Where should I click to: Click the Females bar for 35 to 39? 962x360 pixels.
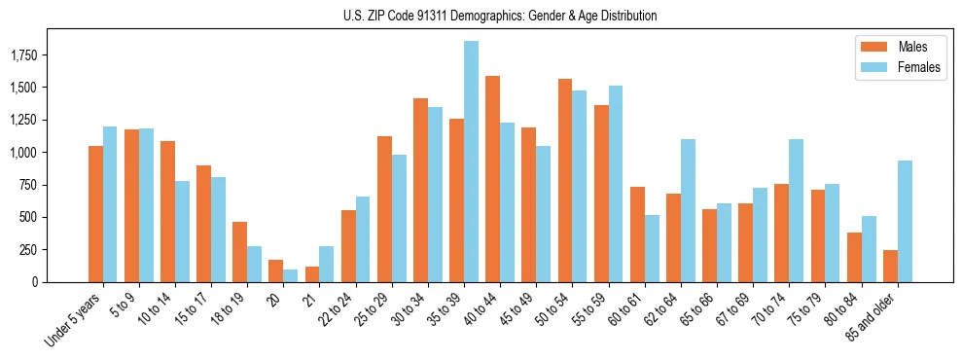click(x=471, y=162)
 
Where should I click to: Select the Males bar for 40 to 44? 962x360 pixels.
click(x=492, y=179)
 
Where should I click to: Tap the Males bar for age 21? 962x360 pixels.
click(x=312, y=273)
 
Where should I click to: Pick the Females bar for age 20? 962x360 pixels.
click(x=291, y=275)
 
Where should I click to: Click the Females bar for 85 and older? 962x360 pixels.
click(x=905, y=221)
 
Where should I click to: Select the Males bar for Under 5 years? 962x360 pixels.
click(x=95, y=214)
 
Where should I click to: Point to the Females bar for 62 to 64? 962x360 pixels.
click(x=688, y=210)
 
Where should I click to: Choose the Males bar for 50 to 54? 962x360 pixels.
click(x=564, y=180)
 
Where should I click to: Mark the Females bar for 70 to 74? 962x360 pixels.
click(x=796, y=210)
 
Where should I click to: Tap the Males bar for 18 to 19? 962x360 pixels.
click(x=239, y=252)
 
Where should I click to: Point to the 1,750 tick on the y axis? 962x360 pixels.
click(x=49, y=55)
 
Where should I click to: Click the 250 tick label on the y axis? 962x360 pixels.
click(x=55, y=250)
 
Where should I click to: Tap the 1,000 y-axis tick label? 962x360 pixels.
click(x=49, y=153)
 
